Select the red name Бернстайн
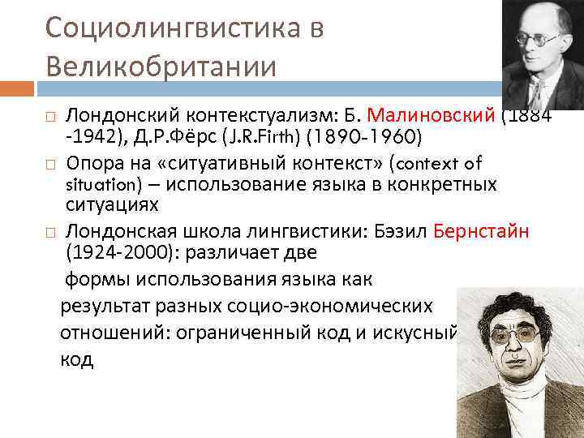pyautogui.click(x=482, y=231)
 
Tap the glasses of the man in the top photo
pyautogui.click(x=539, y=38)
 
